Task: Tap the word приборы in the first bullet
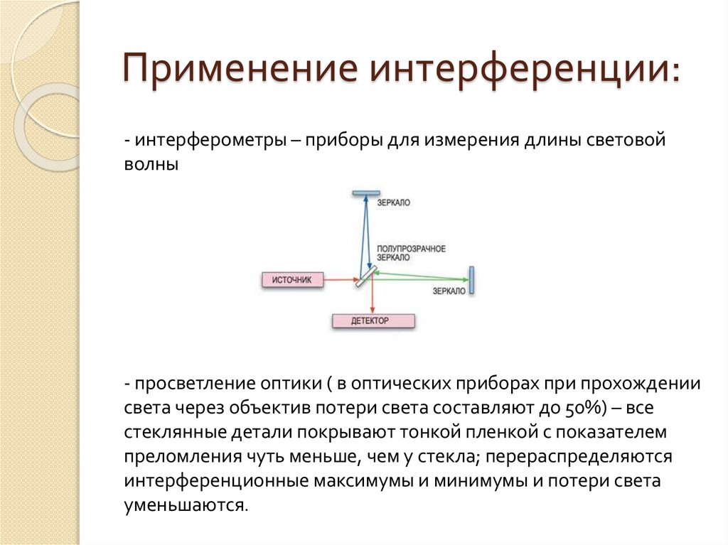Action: tap(343, 140)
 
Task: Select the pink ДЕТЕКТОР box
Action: tap(373, 321)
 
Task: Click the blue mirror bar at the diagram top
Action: tap(365, 193)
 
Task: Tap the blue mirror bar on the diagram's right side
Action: tap(470, 280)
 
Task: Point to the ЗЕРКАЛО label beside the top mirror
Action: tap(393, 203)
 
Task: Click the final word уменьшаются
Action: tap(186, 505)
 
